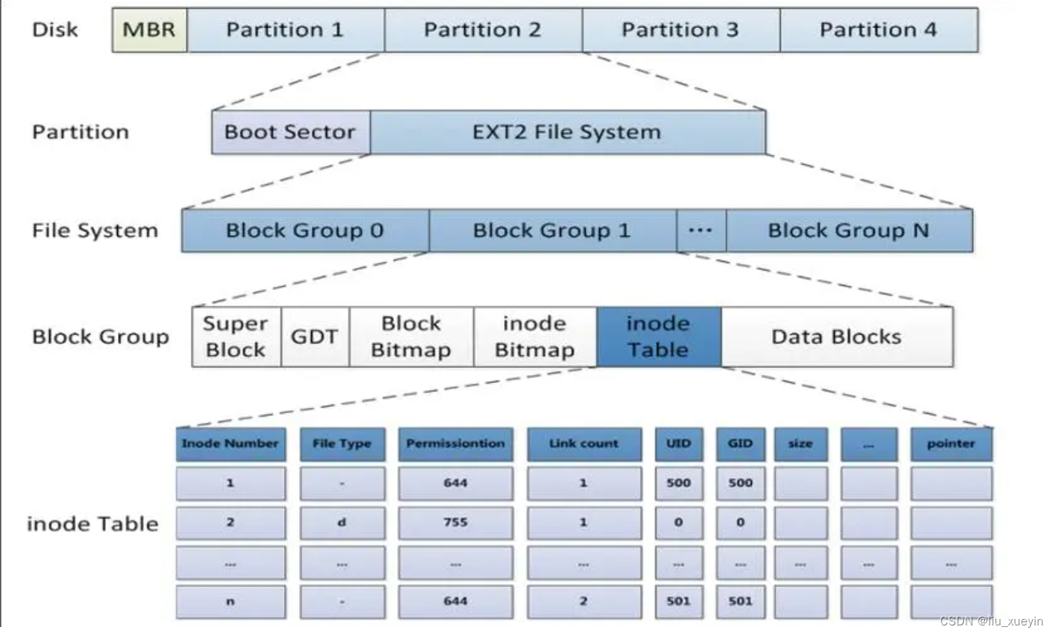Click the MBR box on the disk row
[150, 30]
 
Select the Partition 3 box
[681, 30]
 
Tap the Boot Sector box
[291, 132]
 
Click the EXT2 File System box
[568, 132]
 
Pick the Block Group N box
[849, 231]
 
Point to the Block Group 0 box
[305, 231]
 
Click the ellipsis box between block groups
[701, 231]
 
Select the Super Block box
[236, 337]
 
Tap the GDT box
[315, 337]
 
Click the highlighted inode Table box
[659, 337]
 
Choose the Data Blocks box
[837, 337]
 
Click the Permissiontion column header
[455, 444]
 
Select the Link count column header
[584, 444]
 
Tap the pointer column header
[951, 444]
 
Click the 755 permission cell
[455, 523]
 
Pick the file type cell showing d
[342, 523]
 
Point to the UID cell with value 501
[679, 601]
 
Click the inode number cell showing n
[230, 601]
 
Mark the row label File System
[95, 231]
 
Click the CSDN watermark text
[991, 621]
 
